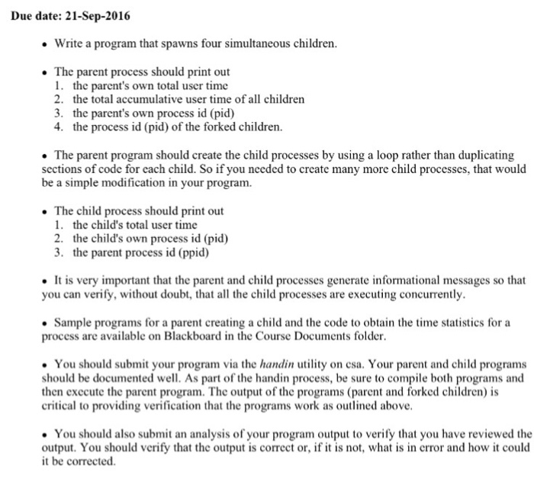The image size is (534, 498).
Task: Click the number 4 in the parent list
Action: point(58,127)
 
